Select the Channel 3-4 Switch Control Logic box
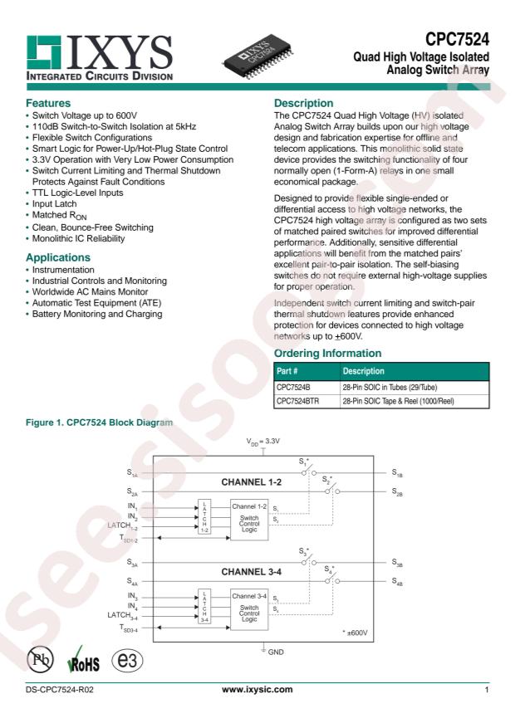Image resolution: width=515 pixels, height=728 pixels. (x=249, y=610)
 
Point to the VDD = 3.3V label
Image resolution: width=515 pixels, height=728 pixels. (x=265, y=444)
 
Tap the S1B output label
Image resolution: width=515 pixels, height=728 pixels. (x=397, y=474)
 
